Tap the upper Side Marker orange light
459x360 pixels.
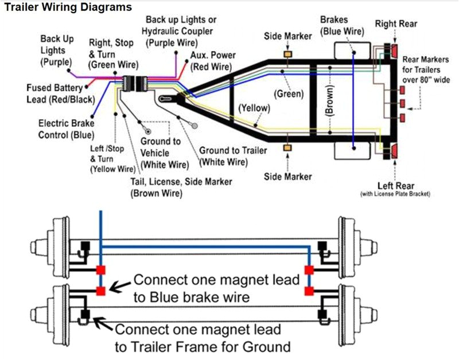click(287, 54)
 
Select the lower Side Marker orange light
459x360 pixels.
click(287, 148)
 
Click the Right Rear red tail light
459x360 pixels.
click(394, 50)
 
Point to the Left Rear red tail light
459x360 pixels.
click(394, 152)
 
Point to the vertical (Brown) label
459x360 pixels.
click(330, 102)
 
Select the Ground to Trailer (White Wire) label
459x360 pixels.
click(232, 156)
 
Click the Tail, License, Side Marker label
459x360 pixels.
click(181, 187)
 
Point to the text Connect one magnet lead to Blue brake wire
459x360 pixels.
click(216, 288)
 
